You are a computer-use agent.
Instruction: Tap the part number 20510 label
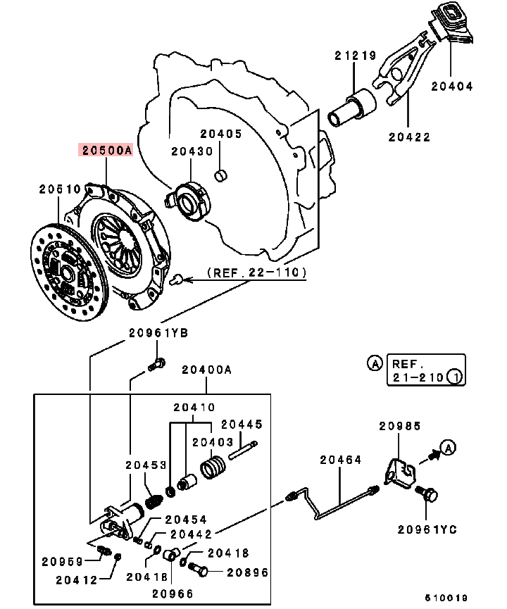[59, 189]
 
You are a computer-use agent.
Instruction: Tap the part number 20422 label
[409, 137]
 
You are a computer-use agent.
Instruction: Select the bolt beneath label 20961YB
[157, 365]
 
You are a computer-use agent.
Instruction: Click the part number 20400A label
[206, 369]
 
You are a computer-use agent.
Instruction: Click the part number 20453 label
[146, 465]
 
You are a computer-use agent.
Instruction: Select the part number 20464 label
[340, 460]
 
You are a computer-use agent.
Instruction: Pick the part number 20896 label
[247, 572]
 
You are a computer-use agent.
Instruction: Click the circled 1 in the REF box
[455, 377]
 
